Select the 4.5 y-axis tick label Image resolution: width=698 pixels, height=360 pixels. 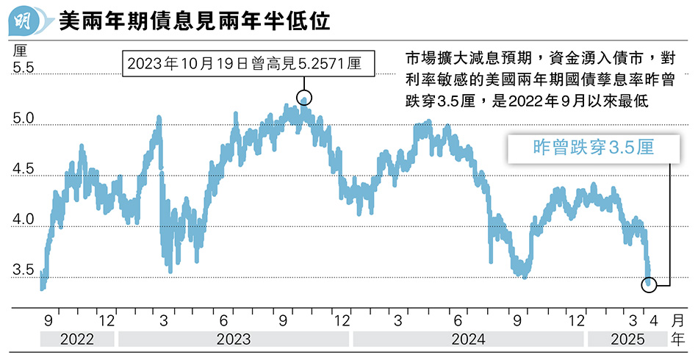point(24,170)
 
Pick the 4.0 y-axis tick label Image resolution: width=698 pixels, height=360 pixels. point(24,220)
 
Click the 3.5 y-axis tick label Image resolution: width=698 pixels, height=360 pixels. point(24,270)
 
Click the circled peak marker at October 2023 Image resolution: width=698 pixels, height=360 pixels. point(305,97)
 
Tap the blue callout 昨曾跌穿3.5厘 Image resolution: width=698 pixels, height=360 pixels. point(592,148)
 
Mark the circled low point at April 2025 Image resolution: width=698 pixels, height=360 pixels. point(649,284)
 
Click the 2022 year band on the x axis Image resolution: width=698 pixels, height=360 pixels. point(77,339)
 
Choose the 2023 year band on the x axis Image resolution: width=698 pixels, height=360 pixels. point(234,339)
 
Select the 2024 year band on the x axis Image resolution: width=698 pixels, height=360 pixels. point(468,339)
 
